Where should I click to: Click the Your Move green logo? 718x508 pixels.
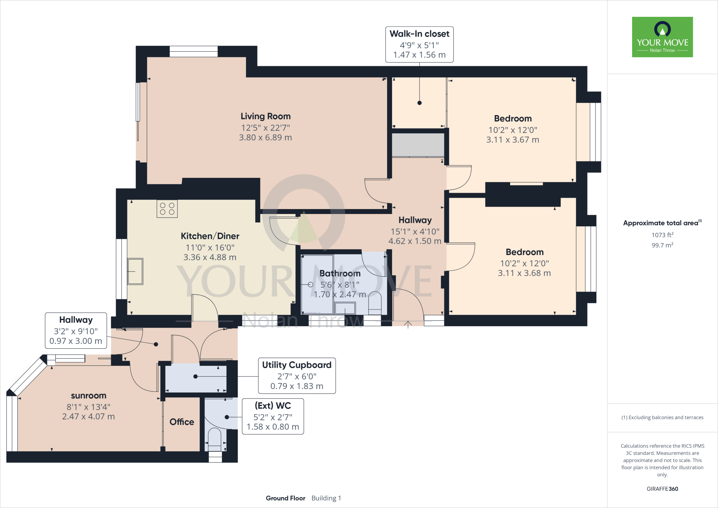pos(662,37)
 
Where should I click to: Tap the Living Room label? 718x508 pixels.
pos(265,116)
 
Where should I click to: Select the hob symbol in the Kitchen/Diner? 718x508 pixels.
pos(167,209)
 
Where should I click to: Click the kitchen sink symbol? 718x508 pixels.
pos(135,271)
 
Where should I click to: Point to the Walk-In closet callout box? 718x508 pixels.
pos(419,45)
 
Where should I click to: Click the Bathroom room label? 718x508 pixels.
pos(340,273)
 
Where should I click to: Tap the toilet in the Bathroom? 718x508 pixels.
pos(375,303)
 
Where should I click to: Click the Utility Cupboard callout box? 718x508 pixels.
pos(297,376)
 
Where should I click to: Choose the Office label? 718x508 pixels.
pos(182,422)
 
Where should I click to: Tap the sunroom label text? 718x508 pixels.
pos(88,396)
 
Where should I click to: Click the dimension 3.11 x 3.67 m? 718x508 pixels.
pos(513,140)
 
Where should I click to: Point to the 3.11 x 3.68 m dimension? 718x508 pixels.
pos(524,273)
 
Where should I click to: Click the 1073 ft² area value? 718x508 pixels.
pos(662,235)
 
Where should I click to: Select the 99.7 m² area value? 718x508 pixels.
pos(662,245)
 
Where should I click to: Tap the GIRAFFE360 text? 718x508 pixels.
pos(662,489)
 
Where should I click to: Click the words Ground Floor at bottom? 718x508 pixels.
pos(285,498)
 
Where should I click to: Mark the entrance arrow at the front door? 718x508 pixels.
pos(408,324)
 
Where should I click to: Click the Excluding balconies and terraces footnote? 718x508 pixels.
pos(662,417)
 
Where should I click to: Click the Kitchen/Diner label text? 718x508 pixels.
pos(210,236)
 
